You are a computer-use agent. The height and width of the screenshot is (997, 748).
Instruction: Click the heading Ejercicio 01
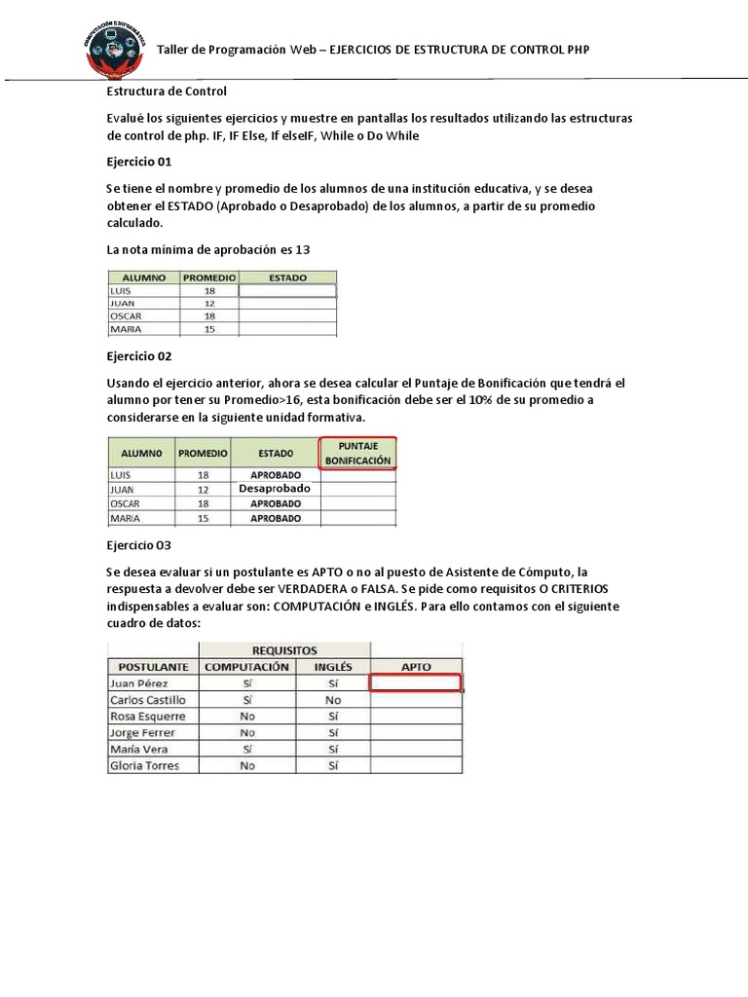[x=138, y=162]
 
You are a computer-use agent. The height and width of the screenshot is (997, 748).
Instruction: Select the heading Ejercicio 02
[x=138, y=356]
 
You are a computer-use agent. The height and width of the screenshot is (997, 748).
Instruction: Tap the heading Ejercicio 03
[x=138, y=545]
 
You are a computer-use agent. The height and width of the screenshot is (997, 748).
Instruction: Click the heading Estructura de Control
[x=167, y=92]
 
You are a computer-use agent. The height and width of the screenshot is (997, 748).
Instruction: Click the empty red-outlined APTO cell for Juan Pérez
[x=416, y=683]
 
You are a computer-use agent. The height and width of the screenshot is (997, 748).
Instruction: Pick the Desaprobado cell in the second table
[x=275, y=489]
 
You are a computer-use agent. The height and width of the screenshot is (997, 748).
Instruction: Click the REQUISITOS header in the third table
[x=284, y=649]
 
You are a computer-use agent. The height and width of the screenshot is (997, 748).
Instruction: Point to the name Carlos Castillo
[x=148, y=700]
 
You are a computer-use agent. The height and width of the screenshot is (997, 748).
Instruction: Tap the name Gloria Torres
[x=144, y=766]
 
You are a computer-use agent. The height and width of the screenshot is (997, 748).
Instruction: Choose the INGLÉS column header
[x=333, y=667]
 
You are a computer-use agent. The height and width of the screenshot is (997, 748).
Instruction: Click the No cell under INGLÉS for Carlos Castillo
[x=333, y=700]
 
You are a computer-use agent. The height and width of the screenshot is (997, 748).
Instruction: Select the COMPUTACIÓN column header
[x=246, y=667]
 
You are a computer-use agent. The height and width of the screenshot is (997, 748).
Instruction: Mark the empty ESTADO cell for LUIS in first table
[x=287, y=290]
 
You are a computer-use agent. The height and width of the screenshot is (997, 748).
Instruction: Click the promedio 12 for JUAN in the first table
[x=209, y=304]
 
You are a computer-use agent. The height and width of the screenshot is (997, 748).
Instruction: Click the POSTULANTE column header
[x=153, y=667]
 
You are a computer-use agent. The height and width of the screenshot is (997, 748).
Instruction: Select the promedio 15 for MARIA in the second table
[x=203, y=519]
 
